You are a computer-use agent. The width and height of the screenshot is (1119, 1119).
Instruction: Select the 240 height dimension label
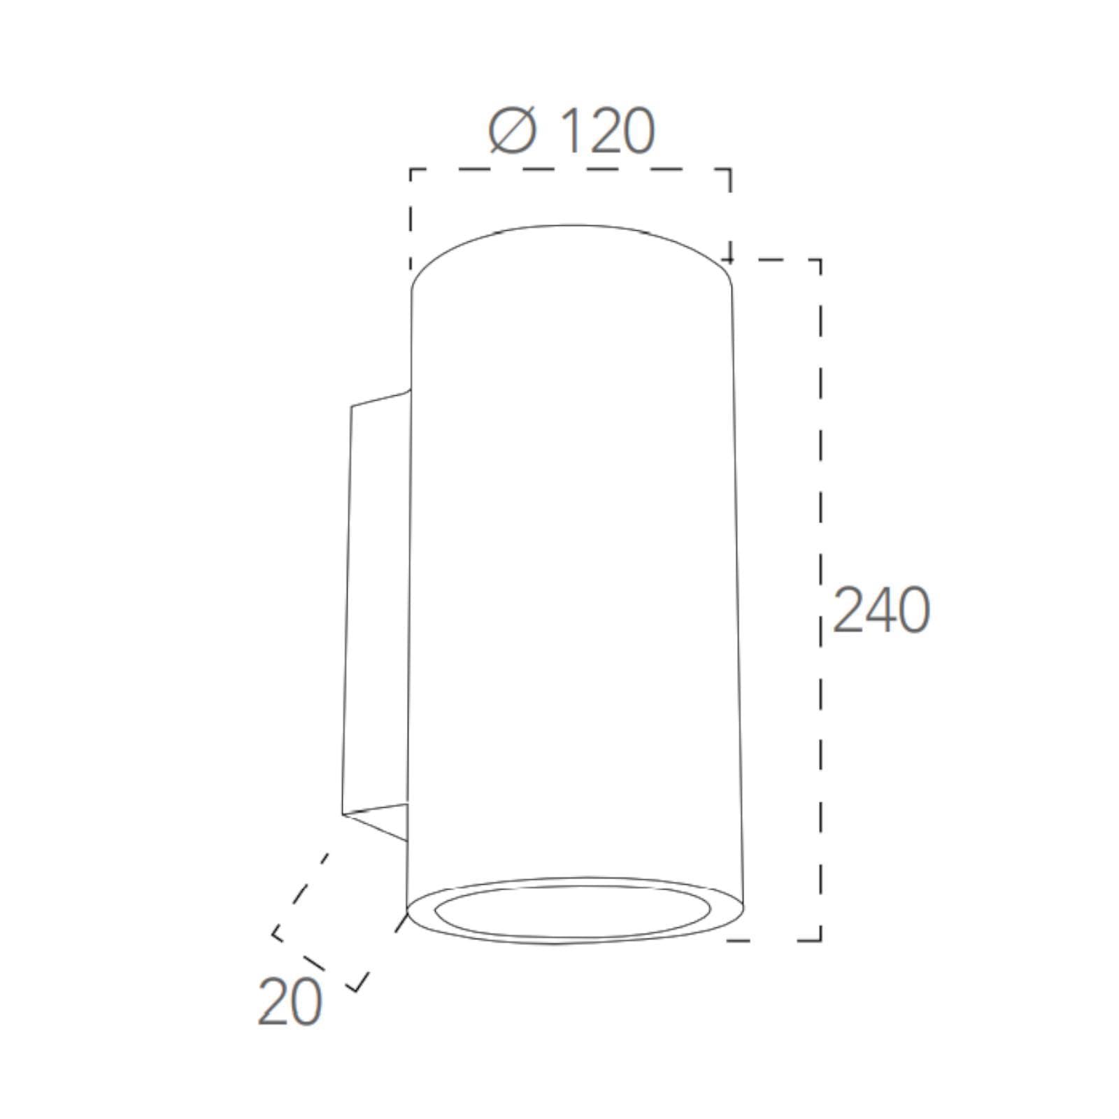pos(881,610)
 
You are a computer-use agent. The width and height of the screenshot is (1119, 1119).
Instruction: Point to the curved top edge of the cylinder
pos(571,226)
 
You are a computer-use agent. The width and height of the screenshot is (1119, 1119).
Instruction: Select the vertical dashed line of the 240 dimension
pos(820,600)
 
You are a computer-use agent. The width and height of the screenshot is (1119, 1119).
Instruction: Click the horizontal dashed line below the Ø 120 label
pos(570,169)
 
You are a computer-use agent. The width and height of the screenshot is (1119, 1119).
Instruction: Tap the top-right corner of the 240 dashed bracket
pos(820,260)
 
